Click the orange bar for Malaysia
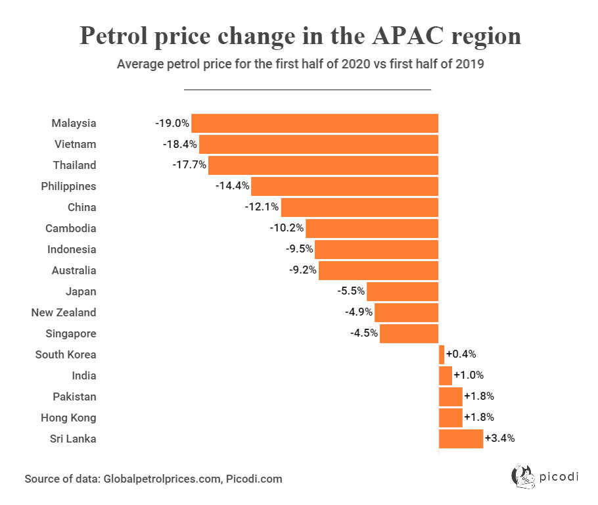click(314, 123)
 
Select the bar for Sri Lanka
click(461, 439)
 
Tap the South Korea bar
click(442, 354)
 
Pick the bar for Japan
click(402, 291)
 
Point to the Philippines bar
click(344, 186)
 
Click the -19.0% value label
click(172, 123)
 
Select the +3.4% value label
click(500, 439)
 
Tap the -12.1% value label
click(262, 207)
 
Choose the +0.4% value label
click(461, 354)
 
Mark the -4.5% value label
click(364, 333)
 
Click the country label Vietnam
click(75, 144)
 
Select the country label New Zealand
click(64, 312)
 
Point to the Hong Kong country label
click(68, 418)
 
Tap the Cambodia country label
click(71, 228)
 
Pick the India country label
click(84, 375)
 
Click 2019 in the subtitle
click(470, 65)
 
